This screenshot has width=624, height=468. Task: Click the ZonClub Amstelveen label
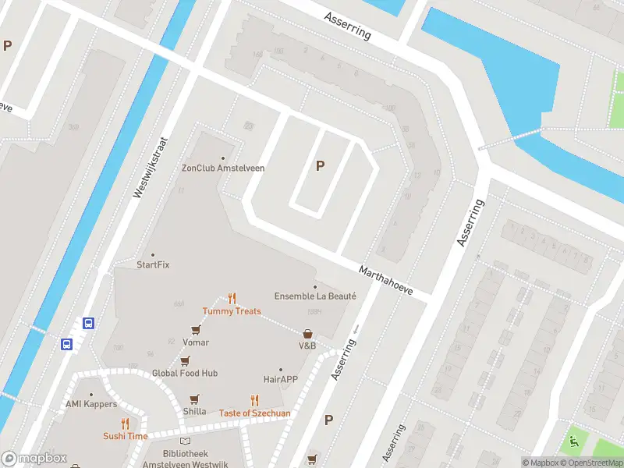point(223,168)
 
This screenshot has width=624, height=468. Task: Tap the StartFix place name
point(153,264)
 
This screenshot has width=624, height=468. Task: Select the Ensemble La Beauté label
point(315,296)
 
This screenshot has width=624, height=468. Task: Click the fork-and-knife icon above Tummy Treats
point(232,298)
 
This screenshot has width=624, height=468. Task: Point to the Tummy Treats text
point(232,311)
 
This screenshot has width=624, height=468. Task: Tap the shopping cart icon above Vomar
point(195,331)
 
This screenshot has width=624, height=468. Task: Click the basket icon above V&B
point(307,333)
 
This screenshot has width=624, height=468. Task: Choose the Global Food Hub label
point(185,373)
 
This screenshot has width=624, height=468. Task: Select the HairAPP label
point(281,379)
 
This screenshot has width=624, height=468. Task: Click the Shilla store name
point(195,411)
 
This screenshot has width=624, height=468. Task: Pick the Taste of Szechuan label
point(254,413)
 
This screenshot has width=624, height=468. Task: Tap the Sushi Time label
point(125,436)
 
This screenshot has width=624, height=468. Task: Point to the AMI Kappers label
point(91,404)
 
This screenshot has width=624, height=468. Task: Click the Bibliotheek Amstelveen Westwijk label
point(185,458)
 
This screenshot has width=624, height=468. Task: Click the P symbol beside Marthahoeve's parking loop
point(319,165)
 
